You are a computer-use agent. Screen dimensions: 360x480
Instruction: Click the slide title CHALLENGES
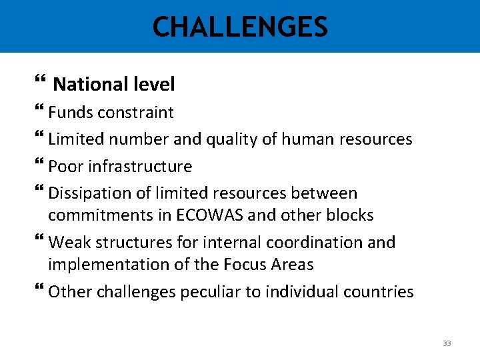[240, 27]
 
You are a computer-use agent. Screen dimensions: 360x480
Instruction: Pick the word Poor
[65, 166]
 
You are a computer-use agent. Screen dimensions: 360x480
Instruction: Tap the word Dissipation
[89, 193]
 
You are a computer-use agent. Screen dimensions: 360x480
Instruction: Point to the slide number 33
[447, 343]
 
